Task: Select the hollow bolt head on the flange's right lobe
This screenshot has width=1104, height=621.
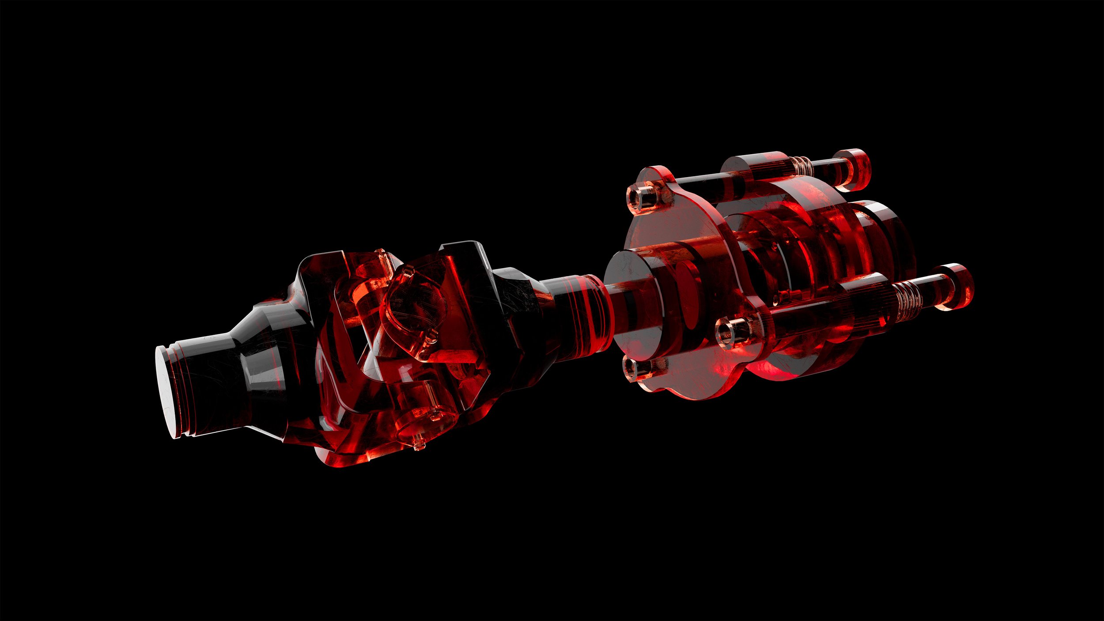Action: pos(731,331)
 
